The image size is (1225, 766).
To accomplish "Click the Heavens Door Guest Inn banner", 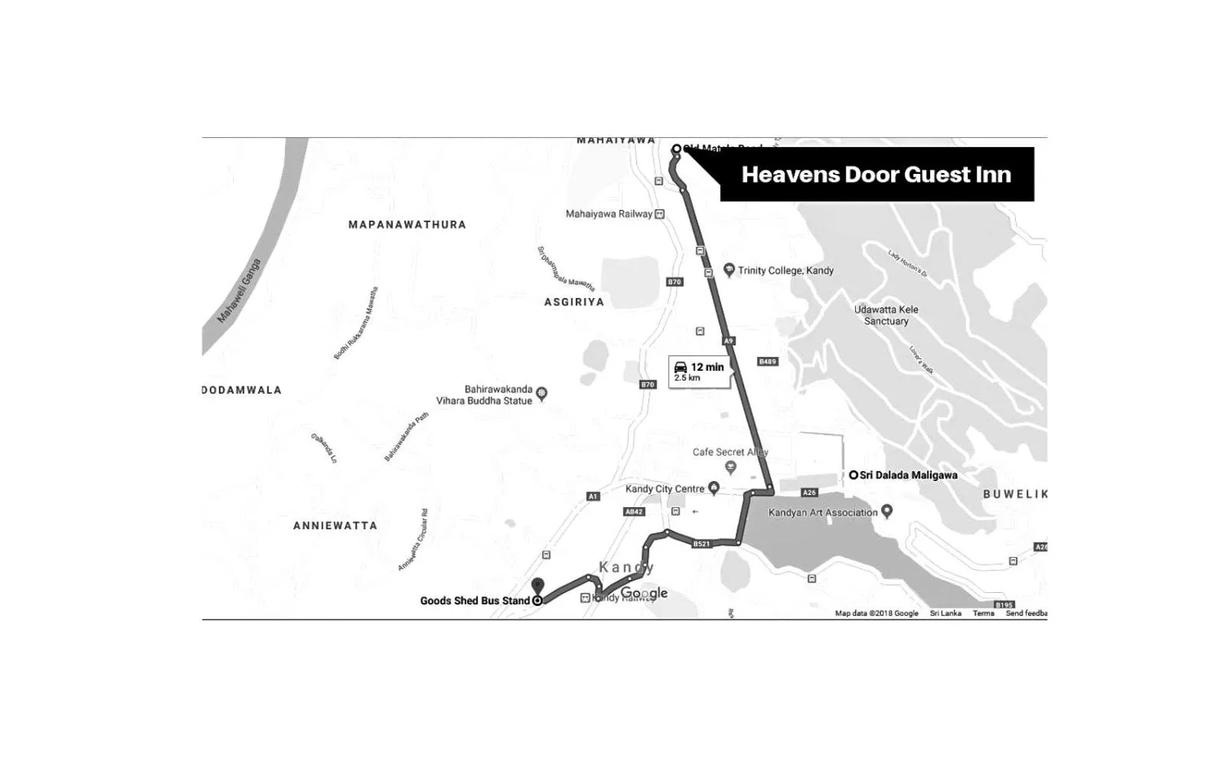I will pyautogui.click(x=876, y=175).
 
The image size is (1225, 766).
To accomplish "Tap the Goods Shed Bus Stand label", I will pyautogui.click(x=475, y=601).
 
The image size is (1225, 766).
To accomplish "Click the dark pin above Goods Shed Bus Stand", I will pyautogui.click(x=538, y=586).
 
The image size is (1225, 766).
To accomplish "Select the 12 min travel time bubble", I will pyautogui.click(x=699, y=372).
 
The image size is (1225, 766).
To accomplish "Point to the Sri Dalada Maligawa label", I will pyautogui.click(x=908, y=475).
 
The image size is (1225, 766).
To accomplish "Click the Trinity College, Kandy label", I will pyautogui.click(x=785, y=270).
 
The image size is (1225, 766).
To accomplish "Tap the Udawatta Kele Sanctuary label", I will pyautogui.click(x=886, y=315).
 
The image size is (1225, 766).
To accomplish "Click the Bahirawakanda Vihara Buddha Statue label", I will pyautogui.click(x=484, y=394).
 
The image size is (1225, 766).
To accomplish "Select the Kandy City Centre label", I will pyautogui.click(x=665, y=489).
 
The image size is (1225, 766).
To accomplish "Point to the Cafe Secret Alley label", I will pyautogui.click(x=729, y=452).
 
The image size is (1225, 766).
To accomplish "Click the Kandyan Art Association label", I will pyautogui.click(x=823, y=512).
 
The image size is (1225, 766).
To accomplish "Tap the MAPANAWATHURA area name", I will pyautogui.click(x=407, y=224).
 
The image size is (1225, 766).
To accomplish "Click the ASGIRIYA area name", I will pyautogui.click(x=574, y=302).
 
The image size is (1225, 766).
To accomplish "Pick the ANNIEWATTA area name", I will pyautogui.click(x=335, y=525).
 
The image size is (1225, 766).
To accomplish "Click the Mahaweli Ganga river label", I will pyautogui.click(x=239, y=291).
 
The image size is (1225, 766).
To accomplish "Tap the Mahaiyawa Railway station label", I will pyautogui.click(x=609, y=214).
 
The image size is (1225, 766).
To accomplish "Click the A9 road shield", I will pyautogui.click(x=729, y=340).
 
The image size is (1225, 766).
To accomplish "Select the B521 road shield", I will pyautogui.click(x=701, y=544).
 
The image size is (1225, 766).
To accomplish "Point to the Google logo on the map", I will pyautogui.click(x=644, y=594).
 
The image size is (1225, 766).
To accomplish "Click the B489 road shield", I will pyautogui.click(x=767, y=362).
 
